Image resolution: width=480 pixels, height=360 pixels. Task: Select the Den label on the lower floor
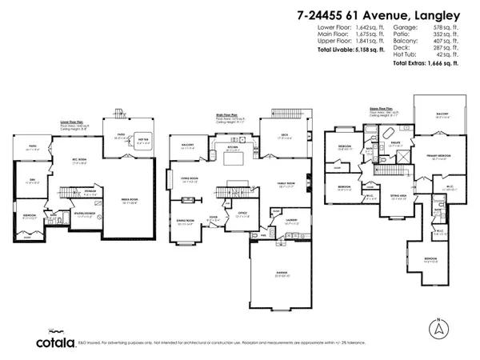pyautogui.click(x=33, y=181)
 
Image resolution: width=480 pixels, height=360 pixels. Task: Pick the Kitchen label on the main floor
pyautogui.click(x=233, y=147)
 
